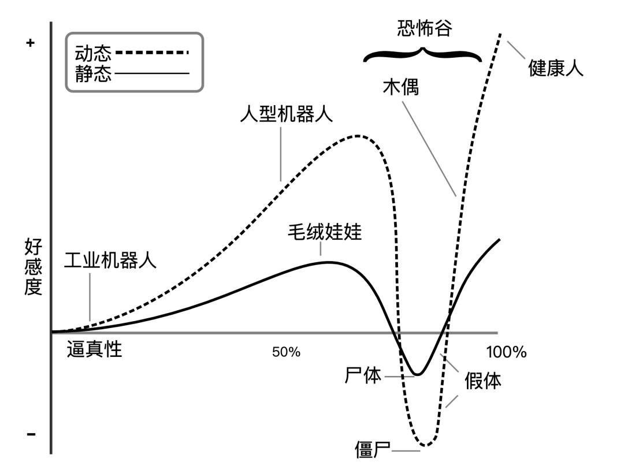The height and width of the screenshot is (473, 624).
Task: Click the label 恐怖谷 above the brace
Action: (x=424, y=29)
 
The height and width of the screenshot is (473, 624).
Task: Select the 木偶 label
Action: (x=400, y=87)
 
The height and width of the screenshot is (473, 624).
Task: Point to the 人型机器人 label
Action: (x=287, y=114)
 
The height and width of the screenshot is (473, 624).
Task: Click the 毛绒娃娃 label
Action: (x=325, y=232)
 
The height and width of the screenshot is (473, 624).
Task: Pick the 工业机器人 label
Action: (x=110, y=260)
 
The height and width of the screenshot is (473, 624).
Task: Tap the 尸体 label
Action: (x=363, y=376)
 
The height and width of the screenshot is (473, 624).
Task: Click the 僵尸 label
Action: (x=373, y=450)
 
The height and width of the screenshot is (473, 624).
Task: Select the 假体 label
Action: (x=482, y=381)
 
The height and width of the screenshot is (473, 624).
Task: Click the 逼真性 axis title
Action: (x=95, y=349)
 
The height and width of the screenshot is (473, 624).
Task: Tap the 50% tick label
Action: (x=286, y=352)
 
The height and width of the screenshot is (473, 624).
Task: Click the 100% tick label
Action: (x=506, y=352)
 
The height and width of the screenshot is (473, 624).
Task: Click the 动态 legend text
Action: (x=93, y=54)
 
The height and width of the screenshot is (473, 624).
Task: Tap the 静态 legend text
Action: (x=93, y=73)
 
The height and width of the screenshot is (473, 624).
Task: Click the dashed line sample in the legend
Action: (x=152, y=53)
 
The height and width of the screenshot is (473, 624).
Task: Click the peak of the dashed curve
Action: (x=358, y=136)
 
